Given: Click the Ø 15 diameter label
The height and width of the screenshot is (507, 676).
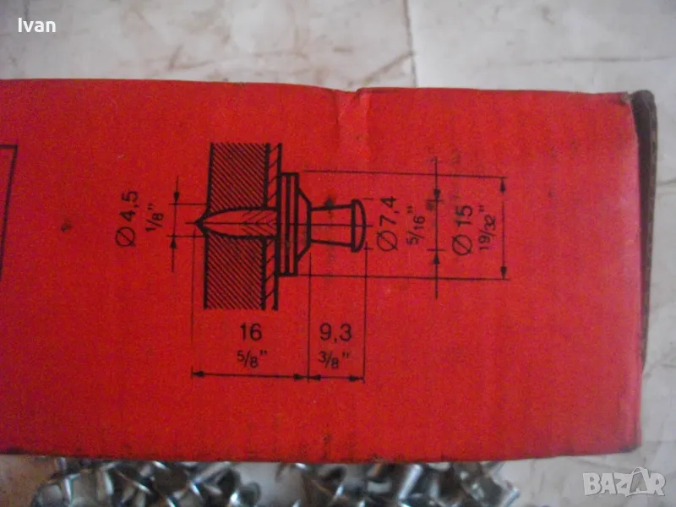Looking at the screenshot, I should point(462,226).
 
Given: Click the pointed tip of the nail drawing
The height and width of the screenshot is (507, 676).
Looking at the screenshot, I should point(198,223).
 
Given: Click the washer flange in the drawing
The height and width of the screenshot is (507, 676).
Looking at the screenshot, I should point(288,224).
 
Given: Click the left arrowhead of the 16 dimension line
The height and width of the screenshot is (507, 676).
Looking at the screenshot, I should point(196,372).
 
